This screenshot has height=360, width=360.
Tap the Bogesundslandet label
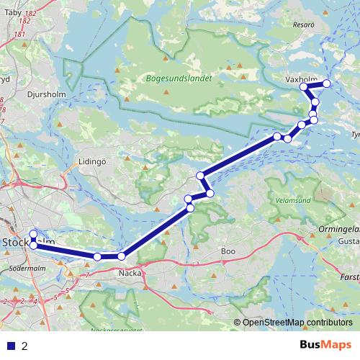click(x=178, y=81)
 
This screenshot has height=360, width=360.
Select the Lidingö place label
click(x=92, y=162)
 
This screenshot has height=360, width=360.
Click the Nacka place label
click(x=129, y=273)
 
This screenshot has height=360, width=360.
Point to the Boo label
click(x=228, y=251)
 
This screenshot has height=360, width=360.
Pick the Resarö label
click(x=305, y=24)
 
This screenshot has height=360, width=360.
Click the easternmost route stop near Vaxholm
click(x=326, y=84)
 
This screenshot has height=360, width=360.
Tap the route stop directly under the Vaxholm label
click(x=304, y=87)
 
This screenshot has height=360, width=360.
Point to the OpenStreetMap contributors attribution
click(x=297, y=323)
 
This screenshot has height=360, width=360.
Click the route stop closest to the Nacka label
click(x=121, y=256)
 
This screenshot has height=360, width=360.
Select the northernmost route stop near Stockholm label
click(x=33, y=233)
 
